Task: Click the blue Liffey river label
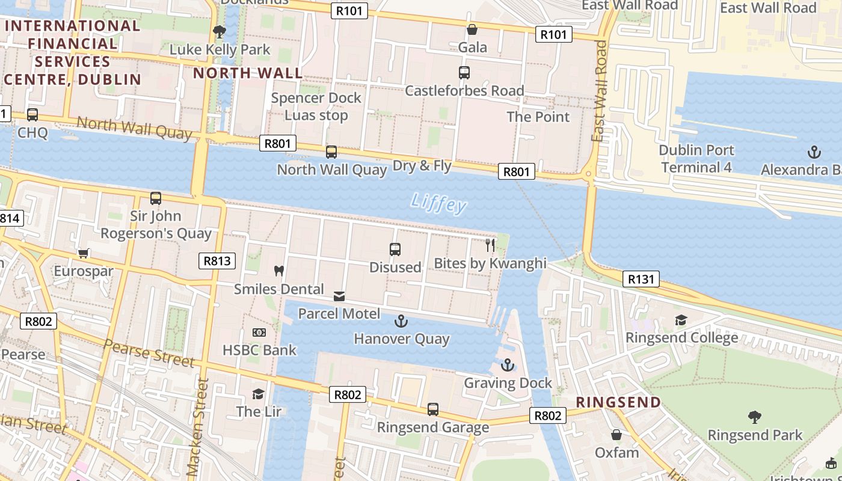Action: [x=439, y=204]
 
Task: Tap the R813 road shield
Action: [x=217, y=261]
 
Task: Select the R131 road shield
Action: [x=642, y=279]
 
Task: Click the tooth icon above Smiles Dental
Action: [x=278, y=271]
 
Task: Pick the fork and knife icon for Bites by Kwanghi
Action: [x=490, y=245]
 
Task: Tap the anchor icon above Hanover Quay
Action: [x=401, y=321]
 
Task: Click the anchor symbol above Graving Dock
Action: [x=508, y=365]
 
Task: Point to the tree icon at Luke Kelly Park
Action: [x=220, y=31]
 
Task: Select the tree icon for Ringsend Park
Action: [x=755, y=417]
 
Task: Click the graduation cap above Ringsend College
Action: [x=681, y=320]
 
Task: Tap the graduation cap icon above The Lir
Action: [x=258, y=394]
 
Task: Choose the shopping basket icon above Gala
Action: [x=472, y=29]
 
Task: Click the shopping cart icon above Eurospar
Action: [x=83, y=253]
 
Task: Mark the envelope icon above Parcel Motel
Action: [x=339, y=296]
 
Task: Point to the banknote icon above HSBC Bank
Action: [x=259, y=332]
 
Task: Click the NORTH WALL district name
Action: [x=248, y=73]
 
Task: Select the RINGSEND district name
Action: [x=618, y=402]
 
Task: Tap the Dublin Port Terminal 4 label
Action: [x=696, y=159]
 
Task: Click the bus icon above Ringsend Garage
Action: [x=432, y=409]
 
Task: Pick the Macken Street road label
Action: [x=199, y=427]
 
